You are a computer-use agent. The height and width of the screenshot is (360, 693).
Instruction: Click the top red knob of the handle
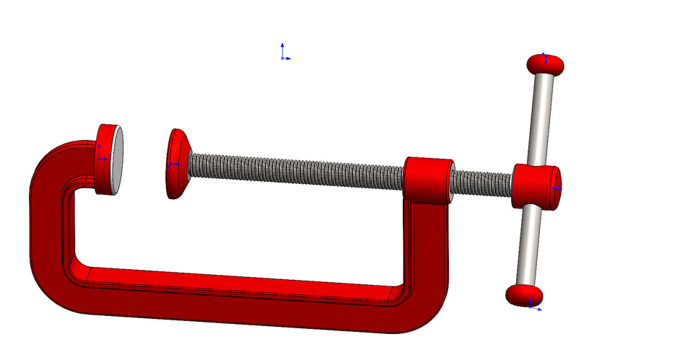tap(545, 65)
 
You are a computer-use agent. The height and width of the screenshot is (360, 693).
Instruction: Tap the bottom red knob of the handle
tap(523, 294)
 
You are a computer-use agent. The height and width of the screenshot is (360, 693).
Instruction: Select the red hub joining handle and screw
tap(536, 187)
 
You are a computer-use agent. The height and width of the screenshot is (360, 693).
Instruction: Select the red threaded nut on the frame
tap(427, 180)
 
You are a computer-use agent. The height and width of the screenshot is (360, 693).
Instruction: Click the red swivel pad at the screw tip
tap(176, 164)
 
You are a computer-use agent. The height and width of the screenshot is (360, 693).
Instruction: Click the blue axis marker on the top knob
tap(546, 58)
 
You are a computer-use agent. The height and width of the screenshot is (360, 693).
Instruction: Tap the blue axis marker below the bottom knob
tap(533, 307)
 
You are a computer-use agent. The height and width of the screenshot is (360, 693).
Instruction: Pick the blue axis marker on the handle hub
tap(557, 188)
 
